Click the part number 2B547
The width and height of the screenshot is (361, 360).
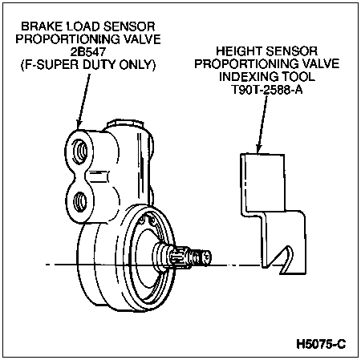[88, 52]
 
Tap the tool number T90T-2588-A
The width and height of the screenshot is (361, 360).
[266, 90]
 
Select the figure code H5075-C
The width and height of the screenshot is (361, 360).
[321, 344]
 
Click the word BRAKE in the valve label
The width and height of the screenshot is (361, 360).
[42, 26]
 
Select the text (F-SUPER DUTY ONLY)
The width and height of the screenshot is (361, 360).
[88, 65]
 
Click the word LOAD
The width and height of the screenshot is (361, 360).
[83, 26]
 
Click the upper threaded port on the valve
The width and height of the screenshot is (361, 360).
[80, 152]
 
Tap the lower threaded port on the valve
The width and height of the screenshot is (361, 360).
[80, 201]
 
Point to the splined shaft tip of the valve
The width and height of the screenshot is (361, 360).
[190, 257]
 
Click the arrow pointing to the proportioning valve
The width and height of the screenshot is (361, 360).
[83, 102]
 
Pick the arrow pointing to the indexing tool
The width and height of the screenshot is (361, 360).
[262, 124]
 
